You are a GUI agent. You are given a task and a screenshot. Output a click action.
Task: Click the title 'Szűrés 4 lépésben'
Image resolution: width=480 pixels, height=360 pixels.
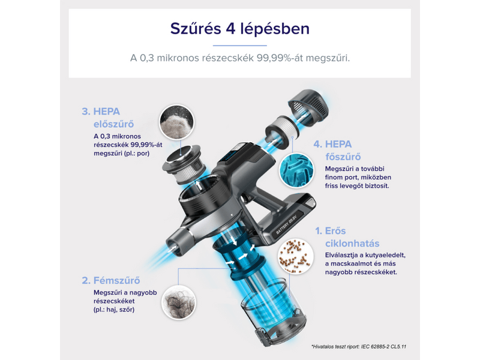[x=239, y=29]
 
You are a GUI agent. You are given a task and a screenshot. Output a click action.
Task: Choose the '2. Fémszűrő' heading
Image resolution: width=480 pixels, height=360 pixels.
[x=113, y=279]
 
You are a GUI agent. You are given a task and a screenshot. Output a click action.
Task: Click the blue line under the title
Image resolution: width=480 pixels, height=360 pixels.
[x=239, y=45]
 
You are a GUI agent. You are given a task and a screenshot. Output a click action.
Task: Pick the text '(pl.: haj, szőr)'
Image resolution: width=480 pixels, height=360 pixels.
[x=110, y=310]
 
